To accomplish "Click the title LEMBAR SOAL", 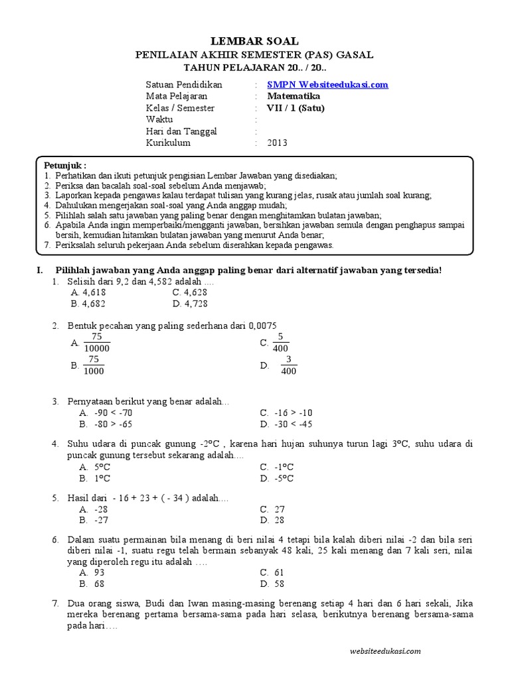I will (255, 41).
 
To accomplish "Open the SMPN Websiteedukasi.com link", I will (327, 85).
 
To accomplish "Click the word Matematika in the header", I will (294, 96).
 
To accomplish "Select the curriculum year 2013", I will (278, 142).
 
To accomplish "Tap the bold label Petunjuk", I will (65, 164).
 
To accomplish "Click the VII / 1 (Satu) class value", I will (296, 108).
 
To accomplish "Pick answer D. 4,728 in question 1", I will (190, 304).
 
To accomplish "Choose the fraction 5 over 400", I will (280, 342).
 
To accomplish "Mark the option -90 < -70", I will (110, 412).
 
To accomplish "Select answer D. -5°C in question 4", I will (277, 478).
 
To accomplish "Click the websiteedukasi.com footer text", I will (384, 651).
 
